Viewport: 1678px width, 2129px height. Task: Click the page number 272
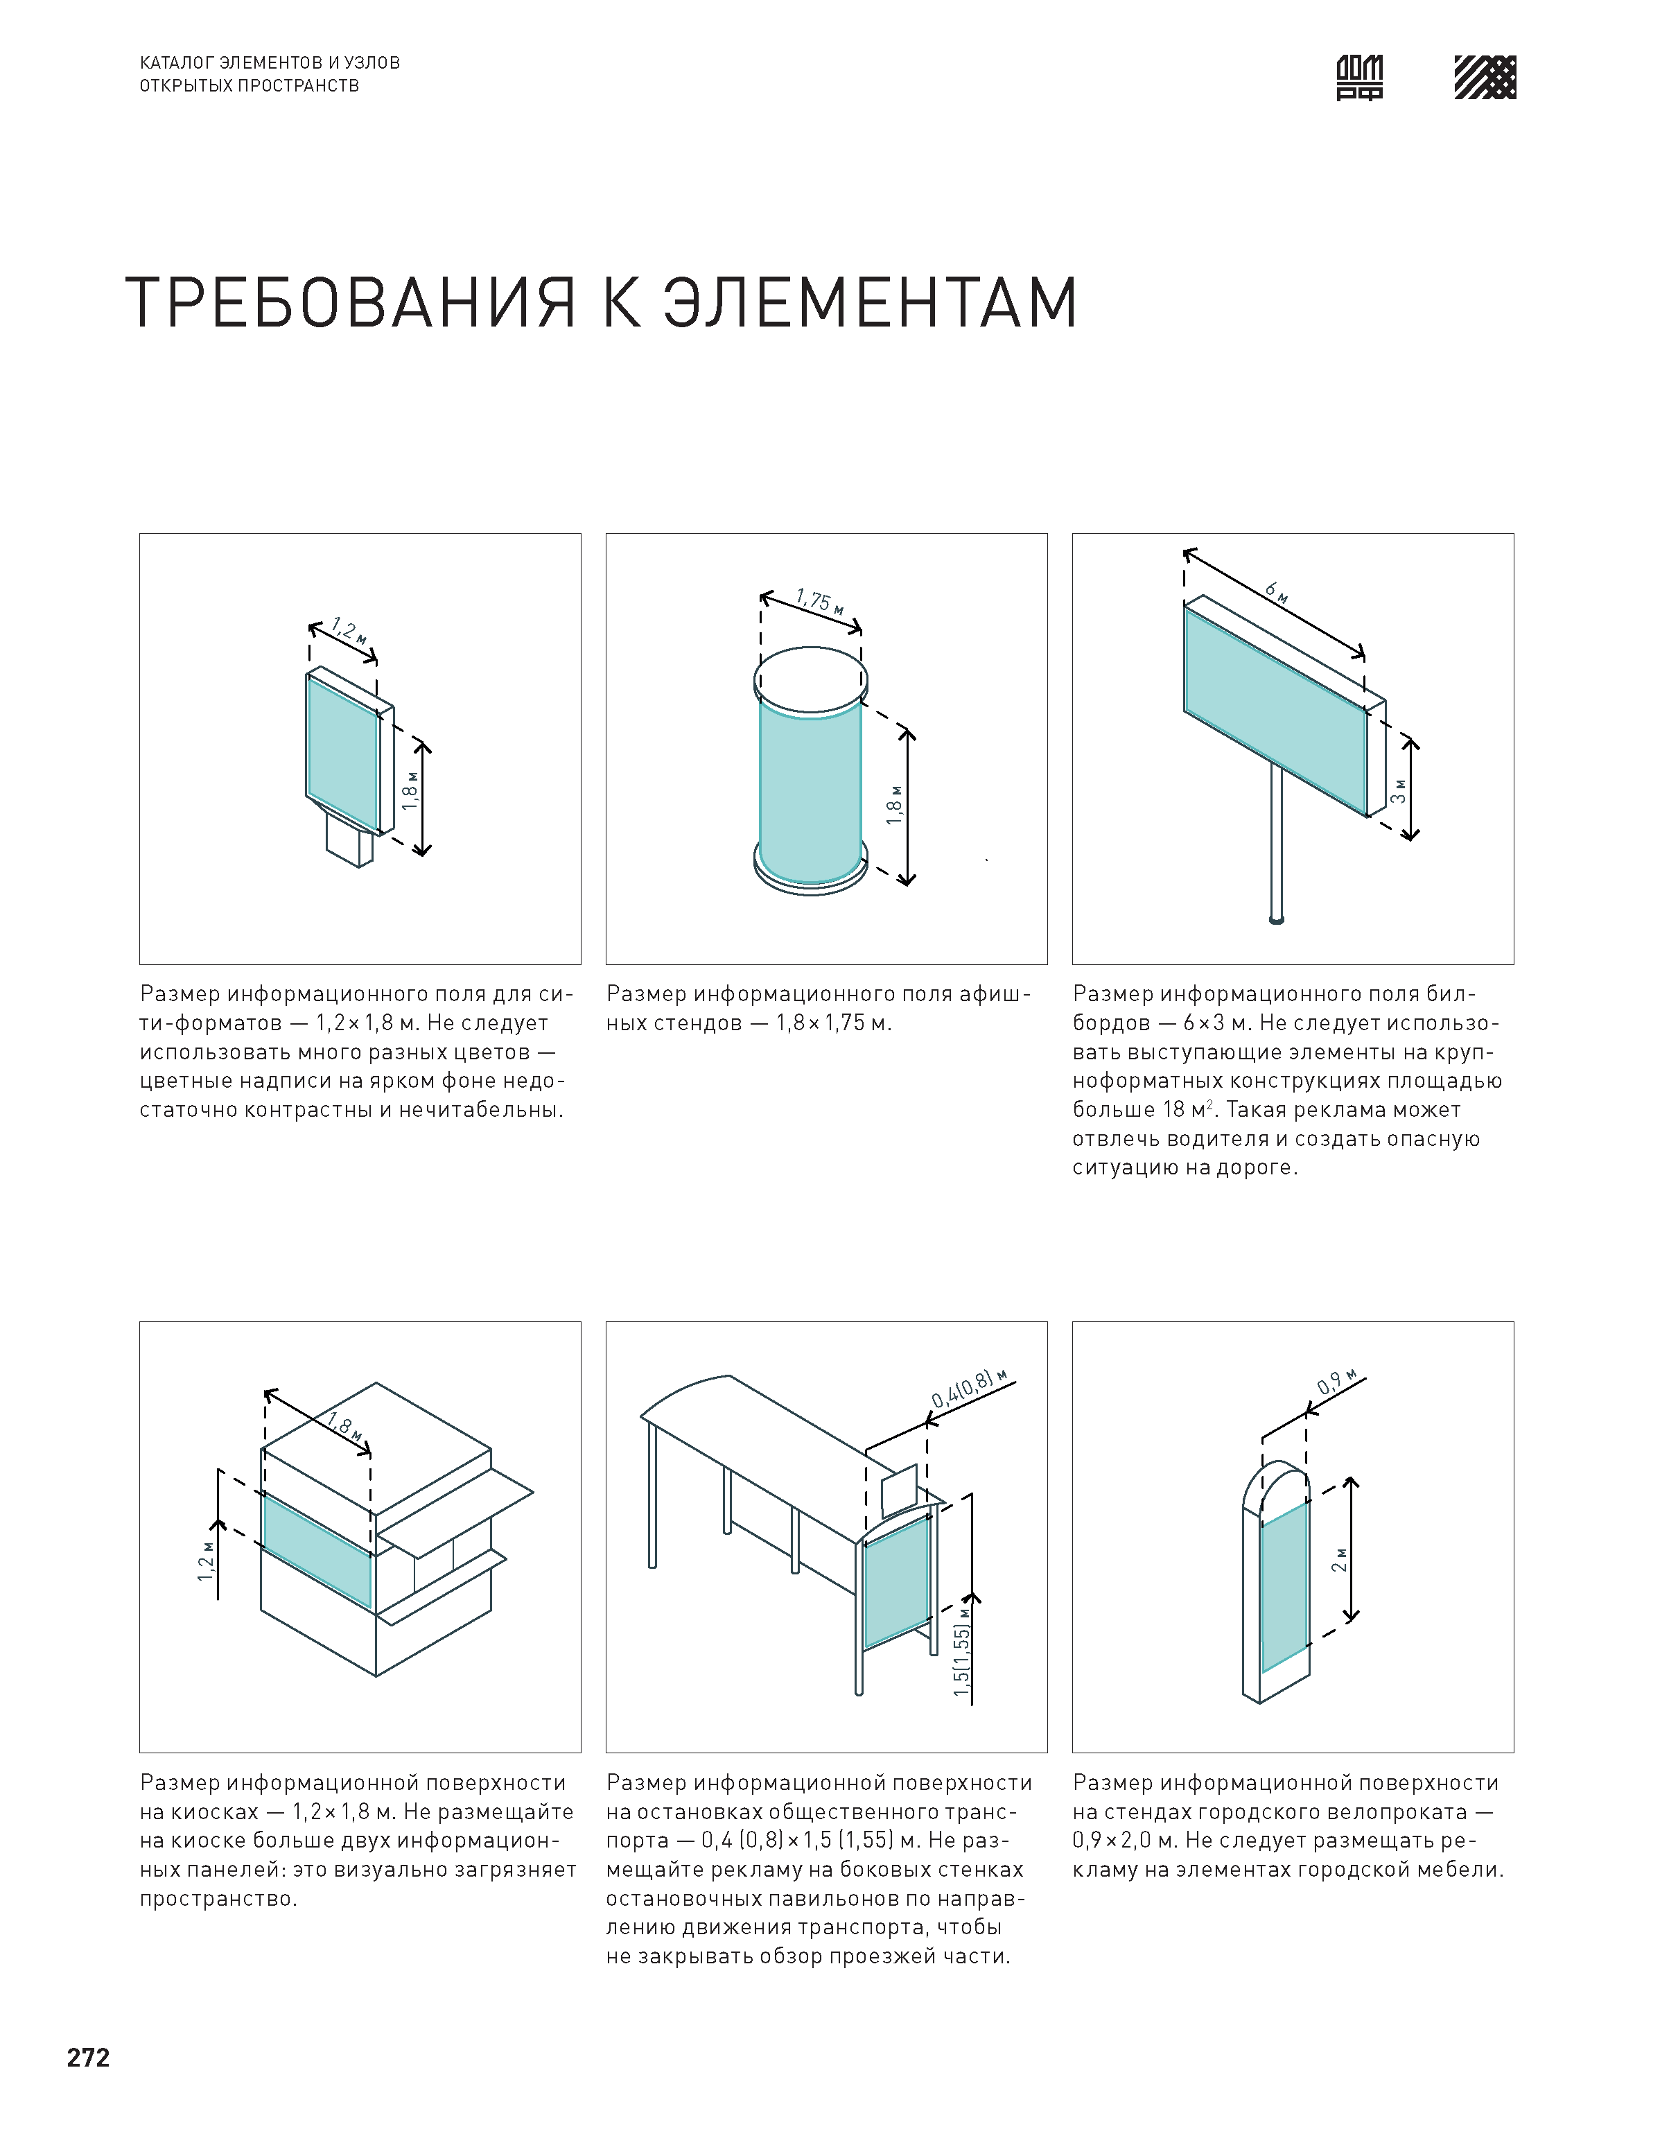coord(89,2058)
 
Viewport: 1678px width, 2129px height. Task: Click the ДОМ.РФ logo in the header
coord(1360,78)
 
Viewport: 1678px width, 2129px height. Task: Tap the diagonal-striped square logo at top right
coord(1485,78)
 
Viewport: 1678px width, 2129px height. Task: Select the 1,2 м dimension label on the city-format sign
coord(349,629)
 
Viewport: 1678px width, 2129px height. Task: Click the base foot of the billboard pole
coord(1276,921)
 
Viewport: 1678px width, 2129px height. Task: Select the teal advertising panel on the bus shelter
coord(896,1582)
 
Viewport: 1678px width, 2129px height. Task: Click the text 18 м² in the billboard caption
coord(1189,1110)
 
